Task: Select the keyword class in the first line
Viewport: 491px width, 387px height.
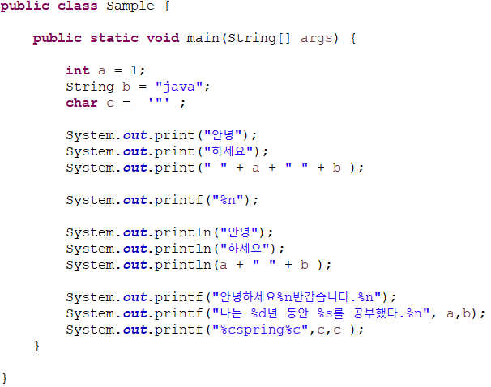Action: [78, 6]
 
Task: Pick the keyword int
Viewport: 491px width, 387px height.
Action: [78, 70]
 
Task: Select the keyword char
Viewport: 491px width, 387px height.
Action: [82, 103]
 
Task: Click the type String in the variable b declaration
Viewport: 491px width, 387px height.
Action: [90, 87]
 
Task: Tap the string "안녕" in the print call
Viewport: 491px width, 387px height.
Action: [228, 135]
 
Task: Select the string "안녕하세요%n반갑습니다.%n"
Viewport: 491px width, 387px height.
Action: [297, 297]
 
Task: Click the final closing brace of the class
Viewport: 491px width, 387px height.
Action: [5, 378]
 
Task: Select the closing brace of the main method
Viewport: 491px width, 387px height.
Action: [36, 346]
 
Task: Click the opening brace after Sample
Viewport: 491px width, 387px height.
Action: [167, 6]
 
